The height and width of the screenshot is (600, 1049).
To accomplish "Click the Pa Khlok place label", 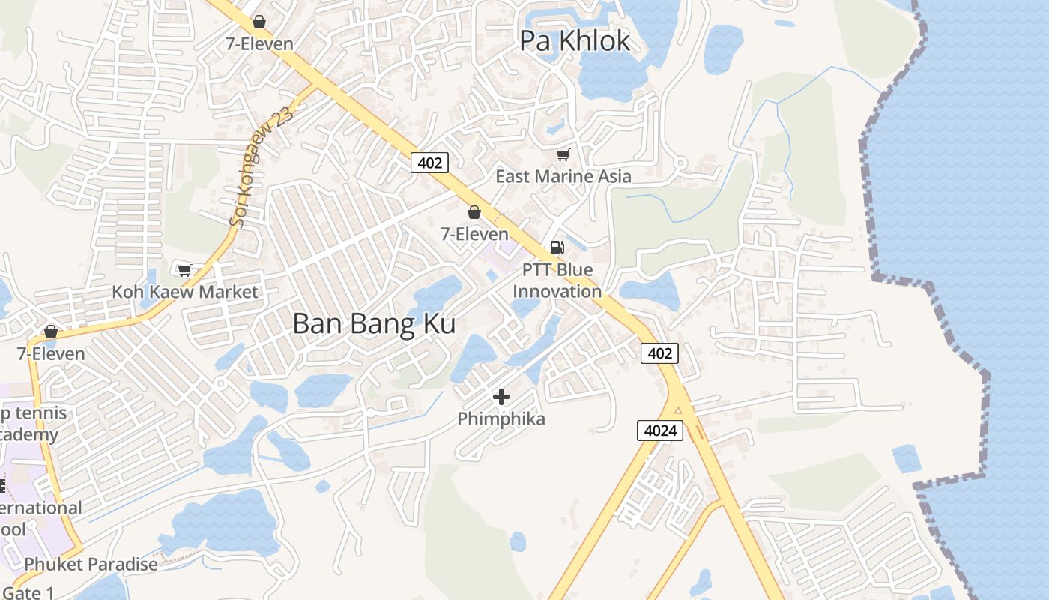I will pyautogui.click(x=575, y=41).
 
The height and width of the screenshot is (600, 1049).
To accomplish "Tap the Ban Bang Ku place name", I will pyautogui.click(x=374, y=324).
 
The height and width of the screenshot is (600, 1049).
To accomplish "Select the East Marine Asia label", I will pyautogui.click(x=563, y=176).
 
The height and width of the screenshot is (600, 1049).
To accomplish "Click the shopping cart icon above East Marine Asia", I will pyautogui.click(x=563, y=154).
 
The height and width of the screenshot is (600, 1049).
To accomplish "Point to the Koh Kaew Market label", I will pyautogui.click(x=184, y=292).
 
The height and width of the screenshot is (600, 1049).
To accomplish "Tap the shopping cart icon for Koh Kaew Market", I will pyautogui.click(x=184, y=270).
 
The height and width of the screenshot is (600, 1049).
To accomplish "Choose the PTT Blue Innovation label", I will pyautogui.click(x=557, y=280).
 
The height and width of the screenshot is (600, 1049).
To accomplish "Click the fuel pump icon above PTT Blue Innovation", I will pyautogui.click(x=557, y=247).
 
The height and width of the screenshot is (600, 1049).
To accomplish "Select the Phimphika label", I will pyautogui.click(x=501, y=418).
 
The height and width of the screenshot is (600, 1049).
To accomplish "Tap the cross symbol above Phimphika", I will pyautogui.click(x=501, y=396).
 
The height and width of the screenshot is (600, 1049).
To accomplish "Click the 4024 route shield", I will pyautogui.click(x=660, y=430).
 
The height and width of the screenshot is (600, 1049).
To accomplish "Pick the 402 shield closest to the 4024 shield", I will pyautogui.click(x=659, y=352).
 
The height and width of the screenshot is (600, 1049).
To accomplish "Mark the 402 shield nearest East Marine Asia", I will pyautogui.click(x=429, y=162).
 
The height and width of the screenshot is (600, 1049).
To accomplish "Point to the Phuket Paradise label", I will pyautogui.click(x=91, y=564).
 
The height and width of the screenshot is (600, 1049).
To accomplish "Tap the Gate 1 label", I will pyautogui.click(x=28, y=592).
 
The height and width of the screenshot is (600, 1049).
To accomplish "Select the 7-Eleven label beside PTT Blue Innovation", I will pyautogui.click(x=474, y=234).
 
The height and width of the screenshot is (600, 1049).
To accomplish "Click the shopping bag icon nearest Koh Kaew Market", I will pyautogui.click(x=51, y=331).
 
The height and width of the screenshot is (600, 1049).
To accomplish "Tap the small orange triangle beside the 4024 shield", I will pyautogui.click(x=678, y=409).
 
